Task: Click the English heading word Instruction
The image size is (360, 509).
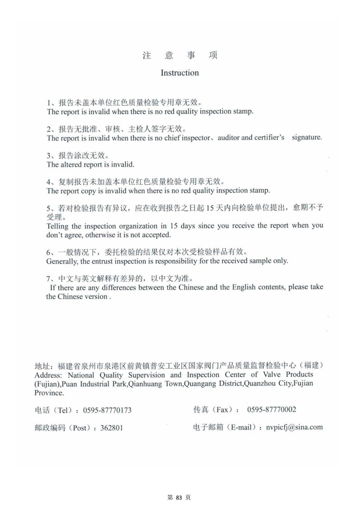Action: (180, 73)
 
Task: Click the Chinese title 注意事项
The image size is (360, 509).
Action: (180, 55)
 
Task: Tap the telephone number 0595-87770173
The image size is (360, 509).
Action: (107, 410)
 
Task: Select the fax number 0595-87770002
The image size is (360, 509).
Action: (271, 409)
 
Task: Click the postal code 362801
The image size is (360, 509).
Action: (112, 428)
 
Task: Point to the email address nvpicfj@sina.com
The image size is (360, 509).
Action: (294, 427)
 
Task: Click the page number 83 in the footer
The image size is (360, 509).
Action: (179, 497)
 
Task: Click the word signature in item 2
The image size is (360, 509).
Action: (307, 137)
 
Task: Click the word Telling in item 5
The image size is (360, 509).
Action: (57, 226)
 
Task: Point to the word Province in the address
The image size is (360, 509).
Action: (49, 393)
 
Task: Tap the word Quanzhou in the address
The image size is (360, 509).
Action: (260, 383)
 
